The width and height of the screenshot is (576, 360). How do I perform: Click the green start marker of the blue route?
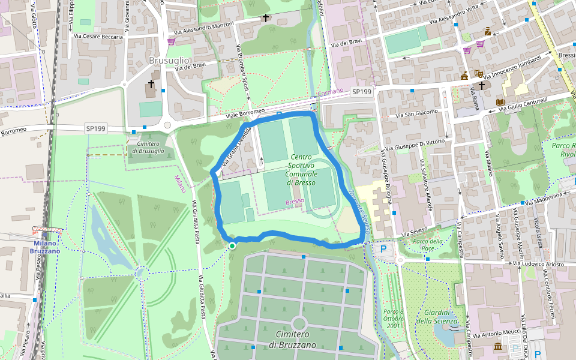[232, 245]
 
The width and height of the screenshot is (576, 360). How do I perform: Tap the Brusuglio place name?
[169, 61]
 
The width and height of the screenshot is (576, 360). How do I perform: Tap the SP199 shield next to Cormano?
[362, 92]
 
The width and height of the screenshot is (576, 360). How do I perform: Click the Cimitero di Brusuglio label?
[148, 147]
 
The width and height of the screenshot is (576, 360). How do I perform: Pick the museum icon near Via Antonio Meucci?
[498, 346]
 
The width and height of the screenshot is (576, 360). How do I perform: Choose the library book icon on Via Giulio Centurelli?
[500, 102]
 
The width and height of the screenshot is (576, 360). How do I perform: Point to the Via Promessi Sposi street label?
[242, 68]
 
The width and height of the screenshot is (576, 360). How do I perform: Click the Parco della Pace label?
[428, 245]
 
